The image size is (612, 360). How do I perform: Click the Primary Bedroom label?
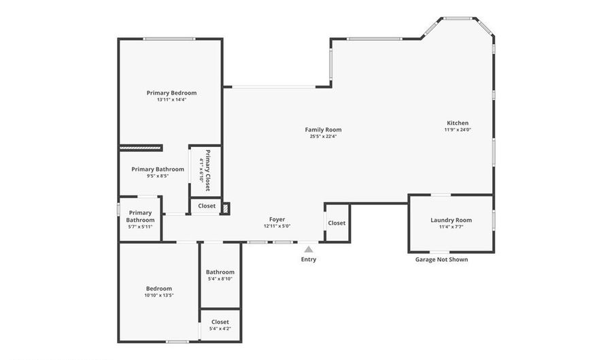171,93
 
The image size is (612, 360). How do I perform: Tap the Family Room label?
323,129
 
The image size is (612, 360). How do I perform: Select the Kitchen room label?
457,123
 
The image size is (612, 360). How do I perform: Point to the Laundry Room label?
451,220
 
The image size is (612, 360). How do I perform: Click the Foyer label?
277,219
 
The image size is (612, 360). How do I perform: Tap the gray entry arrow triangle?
309,250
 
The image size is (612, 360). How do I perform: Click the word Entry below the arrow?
309,259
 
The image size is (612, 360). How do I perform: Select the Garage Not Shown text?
441,259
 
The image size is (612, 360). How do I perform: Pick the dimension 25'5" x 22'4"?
323,136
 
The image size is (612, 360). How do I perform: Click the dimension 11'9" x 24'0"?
457,130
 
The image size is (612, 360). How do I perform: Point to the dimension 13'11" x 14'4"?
171,99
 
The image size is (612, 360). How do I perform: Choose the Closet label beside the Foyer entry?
337,223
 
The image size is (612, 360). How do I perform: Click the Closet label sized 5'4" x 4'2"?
220,322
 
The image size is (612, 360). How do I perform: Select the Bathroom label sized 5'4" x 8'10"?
220,272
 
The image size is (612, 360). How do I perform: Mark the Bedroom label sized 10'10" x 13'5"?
158,288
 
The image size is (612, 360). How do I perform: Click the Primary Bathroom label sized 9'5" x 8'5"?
158,169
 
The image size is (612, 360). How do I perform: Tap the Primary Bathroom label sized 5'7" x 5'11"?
140,216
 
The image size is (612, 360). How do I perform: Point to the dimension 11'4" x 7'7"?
451,227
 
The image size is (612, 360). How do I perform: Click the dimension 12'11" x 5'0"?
277,226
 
